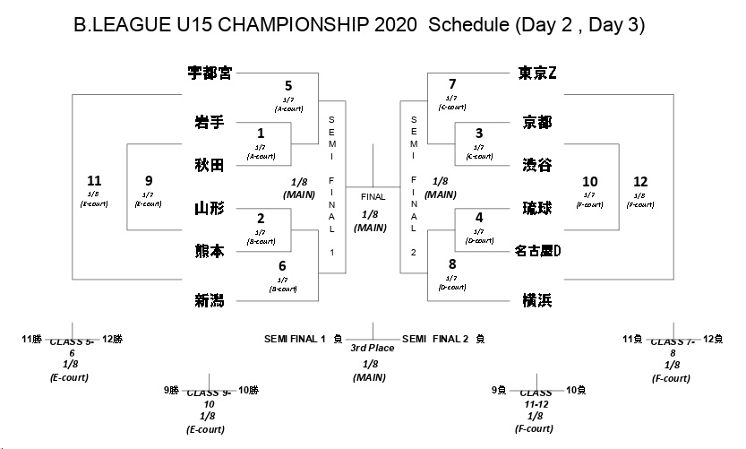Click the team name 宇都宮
[x=210, y=73]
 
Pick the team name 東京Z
[x=538, y=73]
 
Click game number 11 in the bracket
[x=94, y=180]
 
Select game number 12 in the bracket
[x=639, y=180]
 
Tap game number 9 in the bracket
[x=149, y=180]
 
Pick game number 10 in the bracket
[x=590, y=180]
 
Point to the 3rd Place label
[x=372, y=348]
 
